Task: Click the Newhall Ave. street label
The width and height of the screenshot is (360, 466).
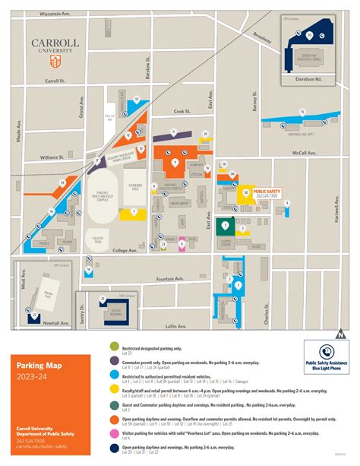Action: [x=52, y=322]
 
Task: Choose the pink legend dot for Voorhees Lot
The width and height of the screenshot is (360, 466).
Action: [x=112, y=433]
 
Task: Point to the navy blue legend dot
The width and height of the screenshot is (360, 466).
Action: [x=112, y=449]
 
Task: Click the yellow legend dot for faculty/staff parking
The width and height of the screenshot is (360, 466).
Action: [x=112, y=389]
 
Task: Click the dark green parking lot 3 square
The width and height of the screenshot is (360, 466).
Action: [x=224, y=227]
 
